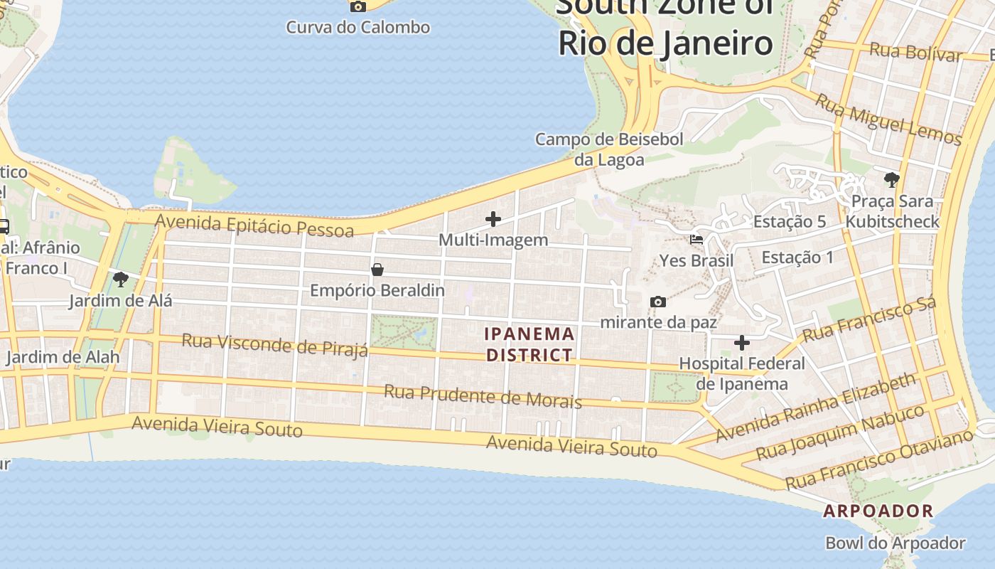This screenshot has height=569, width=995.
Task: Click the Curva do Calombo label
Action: click(357, 28)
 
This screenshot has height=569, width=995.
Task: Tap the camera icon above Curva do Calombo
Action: click(358, 6)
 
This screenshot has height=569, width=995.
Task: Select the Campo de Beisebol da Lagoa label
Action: click(609, 149)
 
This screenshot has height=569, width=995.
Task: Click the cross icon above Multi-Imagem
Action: click(493, 219)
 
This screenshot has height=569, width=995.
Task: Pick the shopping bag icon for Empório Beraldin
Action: click(377, 270)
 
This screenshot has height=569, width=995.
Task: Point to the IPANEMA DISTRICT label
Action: click(529, 344)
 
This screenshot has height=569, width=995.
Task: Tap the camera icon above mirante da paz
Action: click(658, 302)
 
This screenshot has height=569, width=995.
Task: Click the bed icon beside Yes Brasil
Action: click(696, 240)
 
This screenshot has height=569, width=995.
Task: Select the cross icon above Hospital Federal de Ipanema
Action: click(742, 343)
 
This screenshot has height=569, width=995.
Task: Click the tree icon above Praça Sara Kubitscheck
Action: click(892, 179)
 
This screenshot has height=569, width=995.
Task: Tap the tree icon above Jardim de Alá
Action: click(121, 278)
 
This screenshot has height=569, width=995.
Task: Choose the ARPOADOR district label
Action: click(878, 511)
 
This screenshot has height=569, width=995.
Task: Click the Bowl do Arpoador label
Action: click(895, 543)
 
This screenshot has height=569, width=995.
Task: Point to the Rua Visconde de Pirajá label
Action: click(275, 345)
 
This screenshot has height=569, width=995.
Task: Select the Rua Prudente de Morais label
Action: click(483, 396)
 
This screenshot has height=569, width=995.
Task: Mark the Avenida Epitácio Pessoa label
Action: click(254, 225)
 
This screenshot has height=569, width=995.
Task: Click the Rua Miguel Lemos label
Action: click(888, 119)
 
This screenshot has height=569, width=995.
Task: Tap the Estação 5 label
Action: click(790, 221)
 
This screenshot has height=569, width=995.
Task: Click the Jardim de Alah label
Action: click(63, 356)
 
